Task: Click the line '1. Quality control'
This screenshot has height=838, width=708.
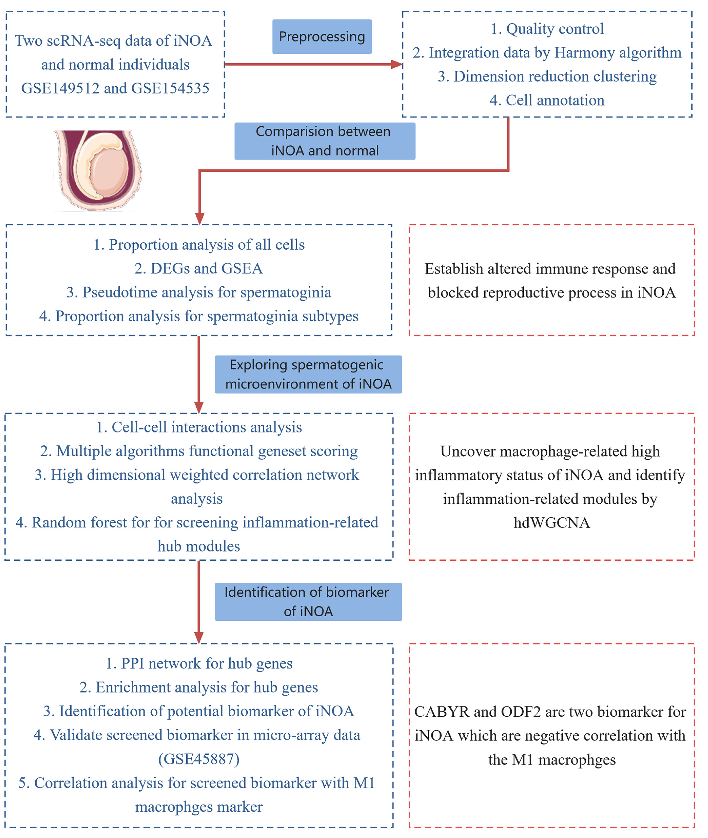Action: tap(547, 29)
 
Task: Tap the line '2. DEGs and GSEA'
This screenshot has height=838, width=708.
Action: tap(198, 268)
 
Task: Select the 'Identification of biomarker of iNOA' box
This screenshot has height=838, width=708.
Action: tap(308, 602)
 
